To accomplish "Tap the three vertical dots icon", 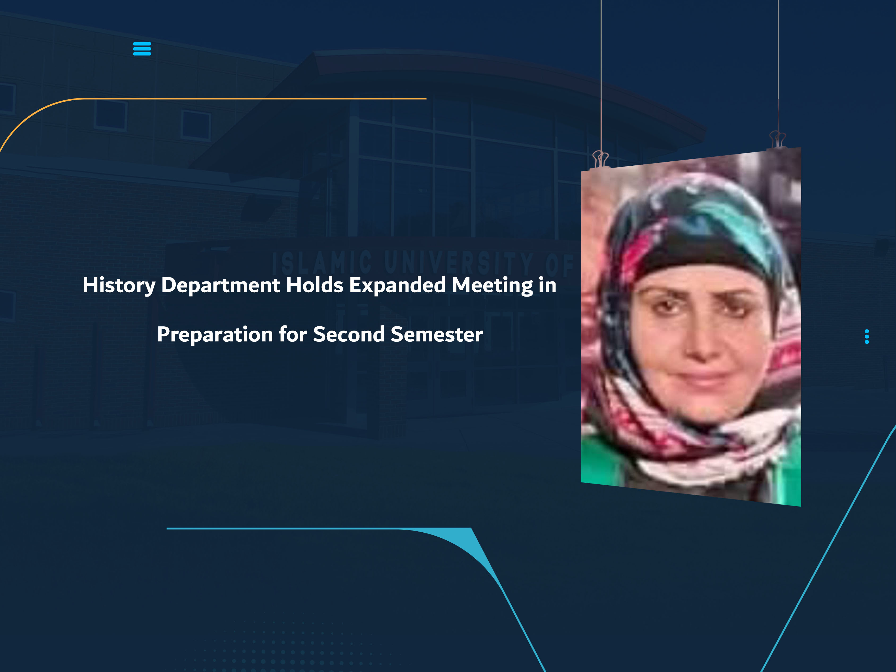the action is [x=867, y=336].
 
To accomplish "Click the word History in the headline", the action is [x=119, y=285].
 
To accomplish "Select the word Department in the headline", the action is [x=220, y=285].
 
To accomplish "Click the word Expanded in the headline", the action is [x=397, y=285].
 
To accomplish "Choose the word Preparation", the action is [x=215, y=335].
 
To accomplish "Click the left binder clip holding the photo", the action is [x=600, y=159].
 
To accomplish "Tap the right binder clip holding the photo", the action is [x=777, y=139].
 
